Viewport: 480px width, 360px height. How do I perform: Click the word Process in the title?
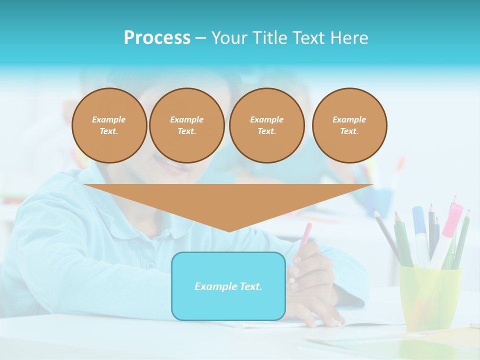(x=157, y=38)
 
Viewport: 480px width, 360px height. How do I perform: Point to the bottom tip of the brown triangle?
(x=228, y=230)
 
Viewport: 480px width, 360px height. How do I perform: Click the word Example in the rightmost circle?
(x=349, y=119)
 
